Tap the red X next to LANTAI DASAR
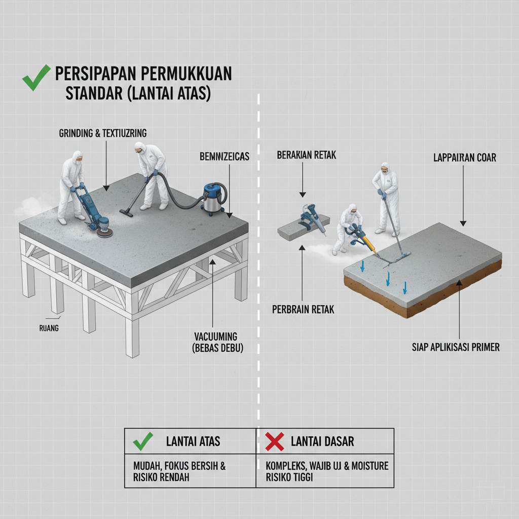[x=274, y=441]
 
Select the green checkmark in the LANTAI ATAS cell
[x=142, y=441]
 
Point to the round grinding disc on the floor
[x=104, y=232]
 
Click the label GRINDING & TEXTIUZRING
[x=102, y=133]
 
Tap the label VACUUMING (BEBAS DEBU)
[x=217, y=342]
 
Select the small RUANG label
[x=49, y=328]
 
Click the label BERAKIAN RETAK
[x=306, y=155]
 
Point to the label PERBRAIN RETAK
[x=303, y=310]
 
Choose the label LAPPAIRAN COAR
[x=465, y=158]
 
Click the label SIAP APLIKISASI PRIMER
[x=456, y=347]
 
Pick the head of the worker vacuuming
[x=140, y=147]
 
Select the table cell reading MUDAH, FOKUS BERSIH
[x=190, y=471]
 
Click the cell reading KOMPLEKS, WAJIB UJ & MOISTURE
[x=325, y=471]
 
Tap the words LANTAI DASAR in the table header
[x=322, y=441]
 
